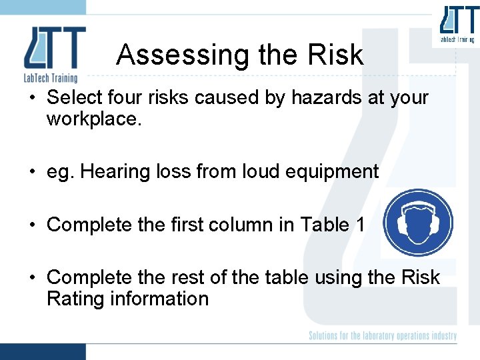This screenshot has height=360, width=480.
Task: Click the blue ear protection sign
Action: pos(419,223)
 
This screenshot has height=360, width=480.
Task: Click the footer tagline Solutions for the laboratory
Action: pos(383,335)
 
